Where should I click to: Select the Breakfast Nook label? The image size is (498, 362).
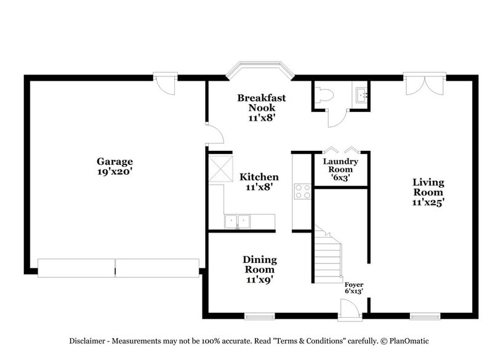coord(262,103)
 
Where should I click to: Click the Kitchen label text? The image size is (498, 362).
coord(259,177)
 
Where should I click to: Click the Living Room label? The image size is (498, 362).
coord(428,187)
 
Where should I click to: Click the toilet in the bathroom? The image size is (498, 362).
coord(324,95)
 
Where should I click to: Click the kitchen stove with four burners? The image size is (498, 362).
coord(302,191)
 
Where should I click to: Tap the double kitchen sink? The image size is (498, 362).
coord(237,220)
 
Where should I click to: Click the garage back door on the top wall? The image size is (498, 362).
coord(165,83)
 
